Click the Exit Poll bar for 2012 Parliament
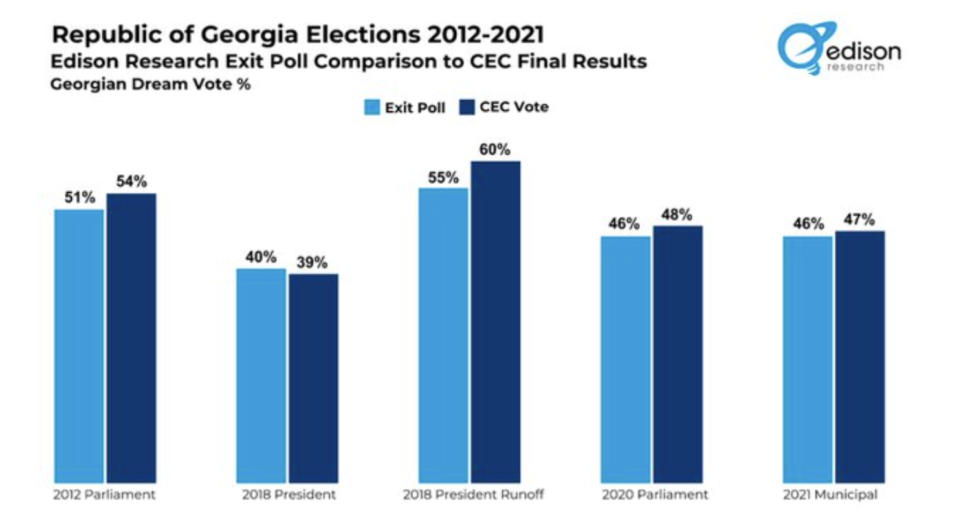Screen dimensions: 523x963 79,346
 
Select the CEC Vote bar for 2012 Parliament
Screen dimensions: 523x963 131,338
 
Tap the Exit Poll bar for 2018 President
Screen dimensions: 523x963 261,375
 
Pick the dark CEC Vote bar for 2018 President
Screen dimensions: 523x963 313,378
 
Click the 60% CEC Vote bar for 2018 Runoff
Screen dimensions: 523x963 496,322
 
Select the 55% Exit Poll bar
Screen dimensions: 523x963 443,335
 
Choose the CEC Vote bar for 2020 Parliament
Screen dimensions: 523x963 678,354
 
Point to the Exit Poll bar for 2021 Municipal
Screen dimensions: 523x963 808,359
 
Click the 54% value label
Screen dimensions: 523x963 131,182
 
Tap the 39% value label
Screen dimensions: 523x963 313,263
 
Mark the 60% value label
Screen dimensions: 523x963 496,150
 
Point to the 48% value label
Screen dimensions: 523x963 678,214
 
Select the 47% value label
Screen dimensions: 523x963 859,219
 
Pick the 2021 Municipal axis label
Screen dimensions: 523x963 834,496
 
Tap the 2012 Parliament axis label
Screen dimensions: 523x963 105,496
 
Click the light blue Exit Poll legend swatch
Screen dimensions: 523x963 371,107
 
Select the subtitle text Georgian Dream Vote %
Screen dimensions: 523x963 151,84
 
